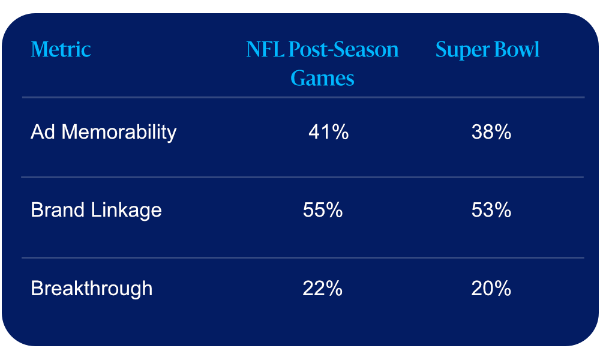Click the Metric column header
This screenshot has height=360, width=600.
click(61, 49)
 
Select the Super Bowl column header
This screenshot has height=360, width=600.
click(487, 50)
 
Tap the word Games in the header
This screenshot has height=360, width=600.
click(322, 79)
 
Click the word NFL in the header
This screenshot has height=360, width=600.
click(265, 49)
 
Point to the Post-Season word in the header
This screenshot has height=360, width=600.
click(344, 49)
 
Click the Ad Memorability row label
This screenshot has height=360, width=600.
click(103, 133)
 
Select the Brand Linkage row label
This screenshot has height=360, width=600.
click(96, 211)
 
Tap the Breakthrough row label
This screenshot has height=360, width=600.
click(91, 289)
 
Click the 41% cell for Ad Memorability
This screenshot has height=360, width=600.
click(328, 132)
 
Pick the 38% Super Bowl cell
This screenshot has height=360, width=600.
click(491, 132)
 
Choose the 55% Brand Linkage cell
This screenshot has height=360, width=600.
click(323, 210)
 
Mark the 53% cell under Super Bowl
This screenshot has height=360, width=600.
click(491, 210)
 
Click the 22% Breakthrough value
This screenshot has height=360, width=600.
click(323, 288)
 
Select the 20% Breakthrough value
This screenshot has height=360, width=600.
click(491, 288)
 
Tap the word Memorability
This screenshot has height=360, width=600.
click(119, 133)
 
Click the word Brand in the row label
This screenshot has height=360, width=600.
click(58, 210)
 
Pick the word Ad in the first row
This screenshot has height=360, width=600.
click(43, 132)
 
